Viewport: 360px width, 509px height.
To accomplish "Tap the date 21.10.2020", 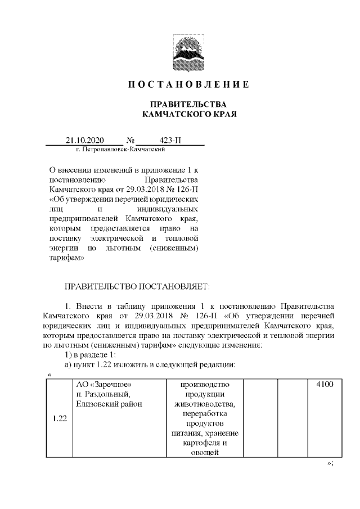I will pyautogui.click(x=84, y=140).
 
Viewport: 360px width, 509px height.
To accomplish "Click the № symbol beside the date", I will pyautogui.click(x=130, y=140).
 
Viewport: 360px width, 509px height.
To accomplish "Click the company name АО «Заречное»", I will pyautogui.click(x=107, y=385).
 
